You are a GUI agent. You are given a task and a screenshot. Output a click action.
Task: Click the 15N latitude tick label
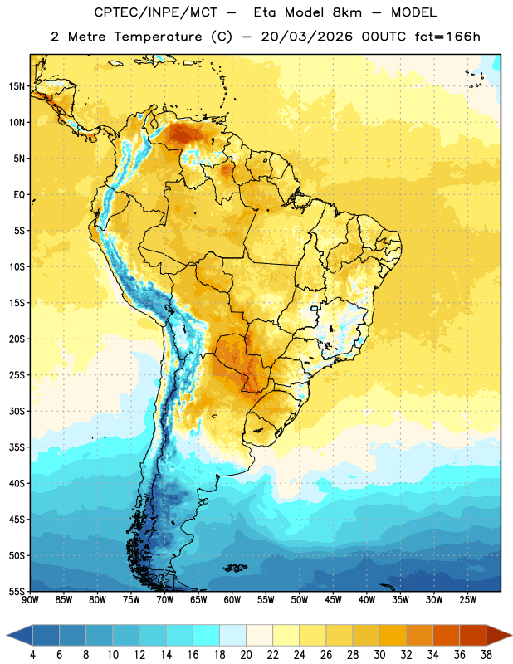tap(17, 86)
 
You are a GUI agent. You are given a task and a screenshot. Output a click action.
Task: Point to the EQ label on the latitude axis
tap(19, 195)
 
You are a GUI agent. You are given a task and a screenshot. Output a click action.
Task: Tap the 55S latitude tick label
tap(17, 592)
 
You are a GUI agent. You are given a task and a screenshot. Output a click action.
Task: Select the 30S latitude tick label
tap(17, 411)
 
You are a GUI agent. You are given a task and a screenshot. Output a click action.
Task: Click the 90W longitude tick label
tap(30, 600)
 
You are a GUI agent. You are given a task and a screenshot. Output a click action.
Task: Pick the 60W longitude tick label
tap(232, 600)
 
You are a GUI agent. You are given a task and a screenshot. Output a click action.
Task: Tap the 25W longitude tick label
tap(467, 600)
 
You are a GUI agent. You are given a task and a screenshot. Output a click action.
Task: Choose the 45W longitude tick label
tap(333, 600)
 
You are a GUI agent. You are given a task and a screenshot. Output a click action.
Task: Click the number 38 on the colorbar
tap(486, 655)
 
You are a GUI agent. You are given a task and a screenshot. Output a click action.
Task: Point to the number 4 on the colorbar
tap(32, 655)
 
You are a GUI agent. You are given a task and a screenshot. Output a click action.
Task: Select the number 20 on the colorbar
tap(246, 655)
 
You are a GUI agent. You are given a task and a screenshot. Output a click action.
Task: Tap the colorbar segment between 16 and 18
tap(207, 635)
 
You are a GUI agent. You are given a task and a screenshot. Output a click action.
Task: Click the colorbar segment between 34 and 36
tap(447, 635)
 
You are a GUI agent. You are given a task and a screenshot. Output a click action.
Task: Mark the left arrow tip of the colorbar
tap(7, 635)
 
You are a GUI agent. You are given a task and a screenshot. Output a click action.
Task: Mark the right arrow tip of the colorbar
tap(512, 635)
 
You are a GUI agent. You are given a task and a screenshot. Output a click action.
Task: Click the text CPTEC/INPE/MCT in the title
tap(155, 12)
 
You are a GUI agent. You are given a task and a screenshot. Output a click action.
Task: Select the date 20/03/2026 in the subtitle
tap(306, 37)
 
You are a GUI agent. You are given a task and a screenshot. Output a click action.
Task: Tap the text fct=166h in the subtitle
tap(447, 37)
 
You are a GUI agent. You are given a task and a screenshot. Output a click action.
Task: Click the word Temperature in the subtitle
tap(158, 37)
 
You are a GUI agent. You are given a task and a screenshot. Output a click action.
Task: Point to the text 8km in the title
tap(347, 12)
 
